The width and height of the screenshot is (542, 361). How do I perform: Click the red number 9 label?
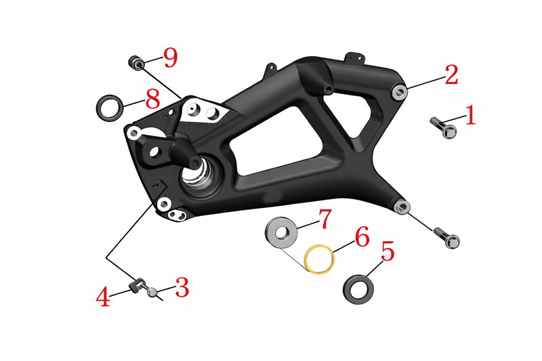(171, 58)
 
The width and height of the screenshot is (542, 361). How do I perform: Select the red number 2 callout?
(451, 75)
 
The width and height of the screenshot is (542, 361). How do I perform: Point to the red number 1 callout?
(470, 115)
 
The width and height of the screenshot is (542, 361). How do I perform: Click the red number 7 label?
(325, 219)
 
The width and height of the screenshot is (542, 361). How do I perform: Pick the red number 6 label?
(362, 236)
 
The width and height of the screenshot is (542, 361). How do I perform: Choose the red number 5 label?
(388, 251)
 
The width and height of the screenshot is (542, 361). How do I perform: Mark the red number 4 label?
(103, 297)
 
